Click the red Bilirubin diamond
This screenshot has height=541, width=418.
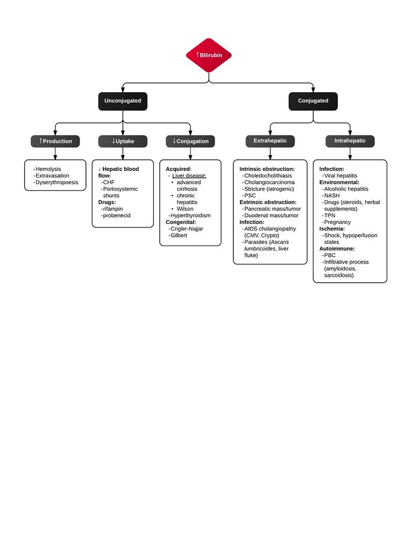pyautogui.click(x=209, y=55)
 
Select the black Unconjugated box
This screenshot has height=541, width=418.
pyautogui.click(x=123, y=101)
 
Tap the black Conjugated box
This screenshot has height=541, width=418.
pyautogui.click(x=313, y=101)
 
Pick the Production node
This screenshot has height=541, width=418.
pyautogui.click(x=55, y=141)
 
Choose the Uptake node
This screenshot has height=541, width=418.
pyautogui.click(x=123, y=141)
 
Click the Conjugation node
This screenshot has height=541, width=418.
pyautogui.click(x=191, y=141)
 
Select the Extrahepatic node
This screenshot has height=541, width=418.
pyautogui.click(x=270, y=141)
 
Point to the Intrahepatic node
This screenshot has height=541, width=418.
pyautogui.click(x=350, y=141)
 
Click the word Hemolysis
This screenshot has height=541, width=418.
pyautogui.click(x=48, y=169)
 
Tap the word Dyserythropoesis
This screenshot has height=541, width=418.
pyautogui.click(x=57, y=182)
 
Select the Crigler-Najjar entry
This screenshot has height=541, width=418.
pyautogui.click(x=187, y=229)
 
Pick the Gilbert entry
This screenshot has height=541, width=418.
pyautogui.click(x=179, y=235)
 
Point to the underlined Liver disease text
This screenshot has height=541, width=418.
pyautogui.click(x=189, y=176)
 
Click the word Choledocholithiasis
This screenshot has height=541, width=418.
pyautogui.click(x=268, y=176)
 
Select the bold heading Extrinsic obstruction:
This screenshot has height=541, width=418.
pyautogui.click(x=268, y=202)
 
